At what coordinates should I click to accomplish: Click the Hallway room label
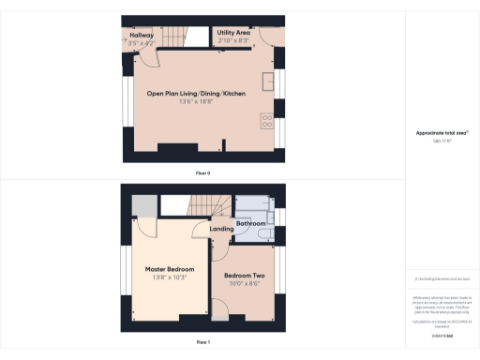click(x=142, y=35)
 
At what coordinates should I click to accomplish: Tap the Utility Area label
click(x=232, y=33)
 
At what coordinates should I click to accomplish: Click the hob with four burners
click(x=265, y=121)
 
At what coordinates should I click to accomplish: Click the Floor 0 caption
click(x=202, y=173)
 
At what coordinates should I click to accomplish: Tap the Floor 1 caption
click(x=202, y=343)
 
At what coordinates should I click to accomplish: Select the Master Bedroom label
click(x=170, y=269)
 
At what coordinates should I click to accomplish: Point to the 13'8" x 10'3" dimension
click(x=170, y=277)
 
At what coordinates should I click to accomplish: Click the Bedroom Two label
click(x=244, y=276)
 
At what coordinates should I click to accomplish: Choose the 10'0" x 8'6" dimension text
click(x=244, y=284)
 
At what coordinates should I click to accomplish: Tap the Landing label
click(x=222, y=229)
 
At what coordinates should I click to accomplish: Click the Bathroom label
click(x=251, y=224)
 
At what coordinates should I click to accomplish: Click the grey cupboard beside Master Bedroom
click(x=142, y=206)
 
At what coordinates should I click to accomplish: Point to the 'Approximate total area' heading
click(x=442, y=133)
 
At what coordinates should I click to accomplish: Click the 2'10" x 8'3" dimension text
click(x=232, y=41)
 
